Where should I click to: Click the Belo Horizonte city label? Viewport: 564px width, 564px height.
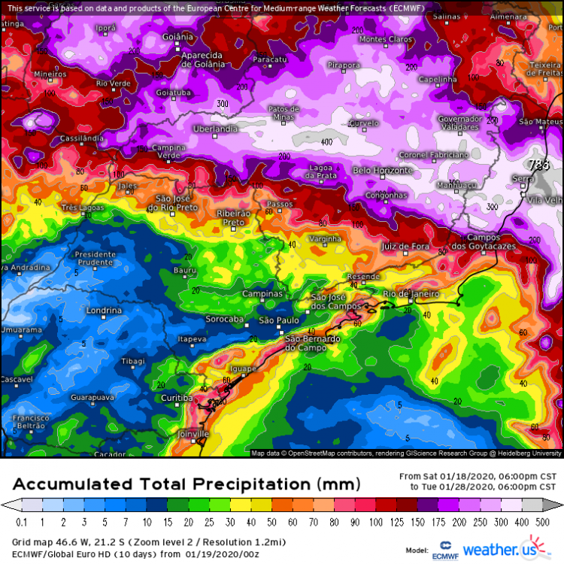click(384, 171)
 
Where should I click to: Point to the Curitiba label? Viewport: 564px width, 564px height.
click(177, 397)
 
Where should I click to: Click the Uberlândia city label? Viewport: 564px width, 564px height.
click(216, 129)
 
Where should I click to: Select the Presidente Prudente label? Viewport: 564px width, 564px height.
click(96, 259)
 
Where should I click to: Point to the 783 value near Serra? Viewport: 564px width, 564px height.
click(539, 164)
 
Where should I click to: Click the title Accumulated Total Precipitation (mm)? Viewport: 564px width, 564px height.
click(186, 483)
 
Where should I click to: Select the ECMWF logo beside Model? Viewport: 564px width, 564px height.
click(444, 550)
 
